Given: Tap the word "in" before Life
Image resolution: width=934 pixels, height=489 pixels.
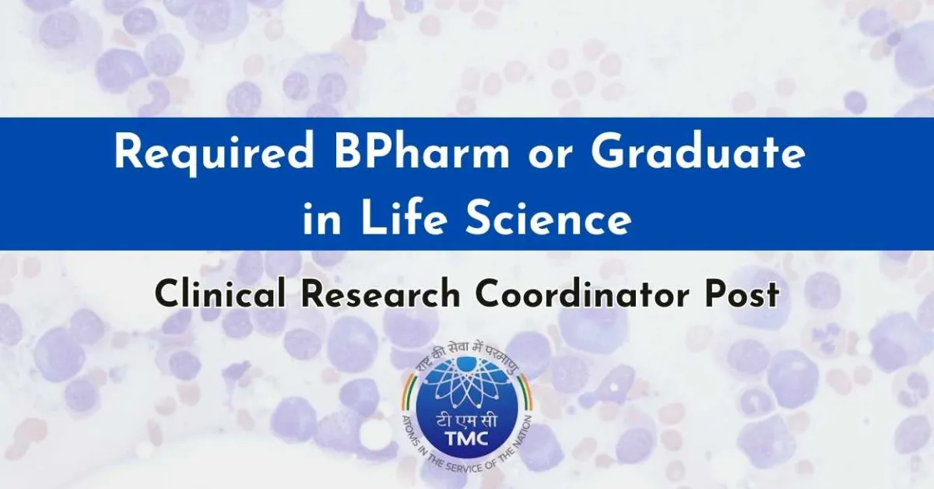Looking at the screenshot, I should click(318, 220).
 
